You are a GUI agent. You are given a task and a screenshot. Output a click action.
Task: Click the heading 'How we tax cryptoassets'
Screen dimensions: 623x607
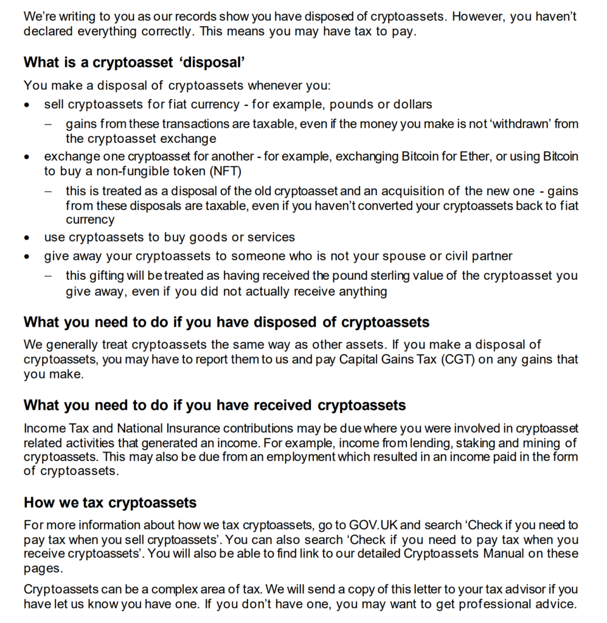[x=110, y=503]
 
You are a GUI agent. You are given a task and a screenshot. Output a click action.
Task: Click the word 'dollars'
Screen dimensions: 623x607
[x=411, y=105]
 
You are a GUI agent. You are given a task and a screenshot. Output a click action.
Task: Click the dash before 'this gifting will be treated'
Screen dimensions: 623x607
[x=48, y=276]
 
